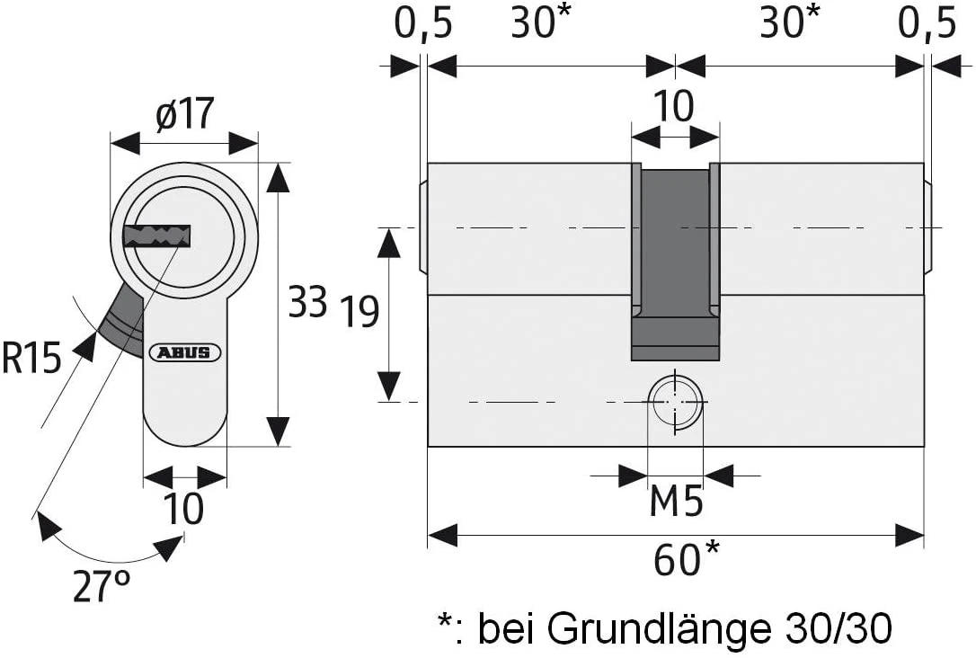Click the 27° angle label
(101, 587)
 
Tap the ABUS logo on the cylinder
(185, 352)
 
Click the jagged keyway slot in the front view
(159, 236)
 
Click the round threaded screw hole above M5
(675, 401)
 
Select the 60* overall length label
(687, 560)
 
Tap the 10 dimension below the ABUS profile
(183, 509)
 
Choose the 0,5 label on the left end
(421, 24)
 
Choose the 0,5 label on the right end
(927, 24)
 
